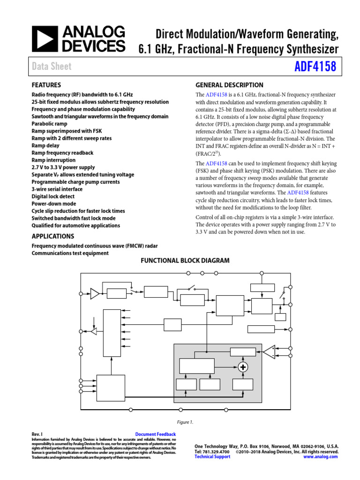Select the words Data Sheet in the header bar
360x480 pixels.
click(52, 67)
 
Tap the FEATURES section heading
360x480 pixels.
click(46, 85)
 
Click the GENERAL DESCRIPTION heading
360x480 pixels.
click(229, 85)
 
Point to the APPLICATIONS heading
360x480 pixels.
click(52, 236)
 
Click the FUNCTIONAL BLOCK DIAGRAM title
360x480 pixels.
click(185, 261)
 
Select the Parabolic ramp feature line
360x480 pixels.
click(49, 124)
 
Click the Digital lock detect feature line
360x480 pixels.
click(53, 196)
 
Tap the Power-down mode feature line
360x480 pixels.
click(53, 204)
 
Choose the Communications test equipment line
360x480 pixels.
click(70, 253)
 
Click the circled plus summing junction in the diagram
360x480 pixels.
click(243, 367)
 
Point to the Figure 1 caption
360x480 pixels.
click(185, 422)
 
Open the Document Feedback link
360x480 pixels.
click(155, 435)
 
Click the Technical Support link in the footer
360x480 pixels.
click(212, 457)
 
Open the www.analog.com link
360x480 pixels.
click(321, 457)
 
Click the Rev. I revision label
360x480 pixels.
click(37, 435)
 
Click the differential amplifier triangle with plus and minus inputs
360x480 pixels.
click(269, 352)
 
